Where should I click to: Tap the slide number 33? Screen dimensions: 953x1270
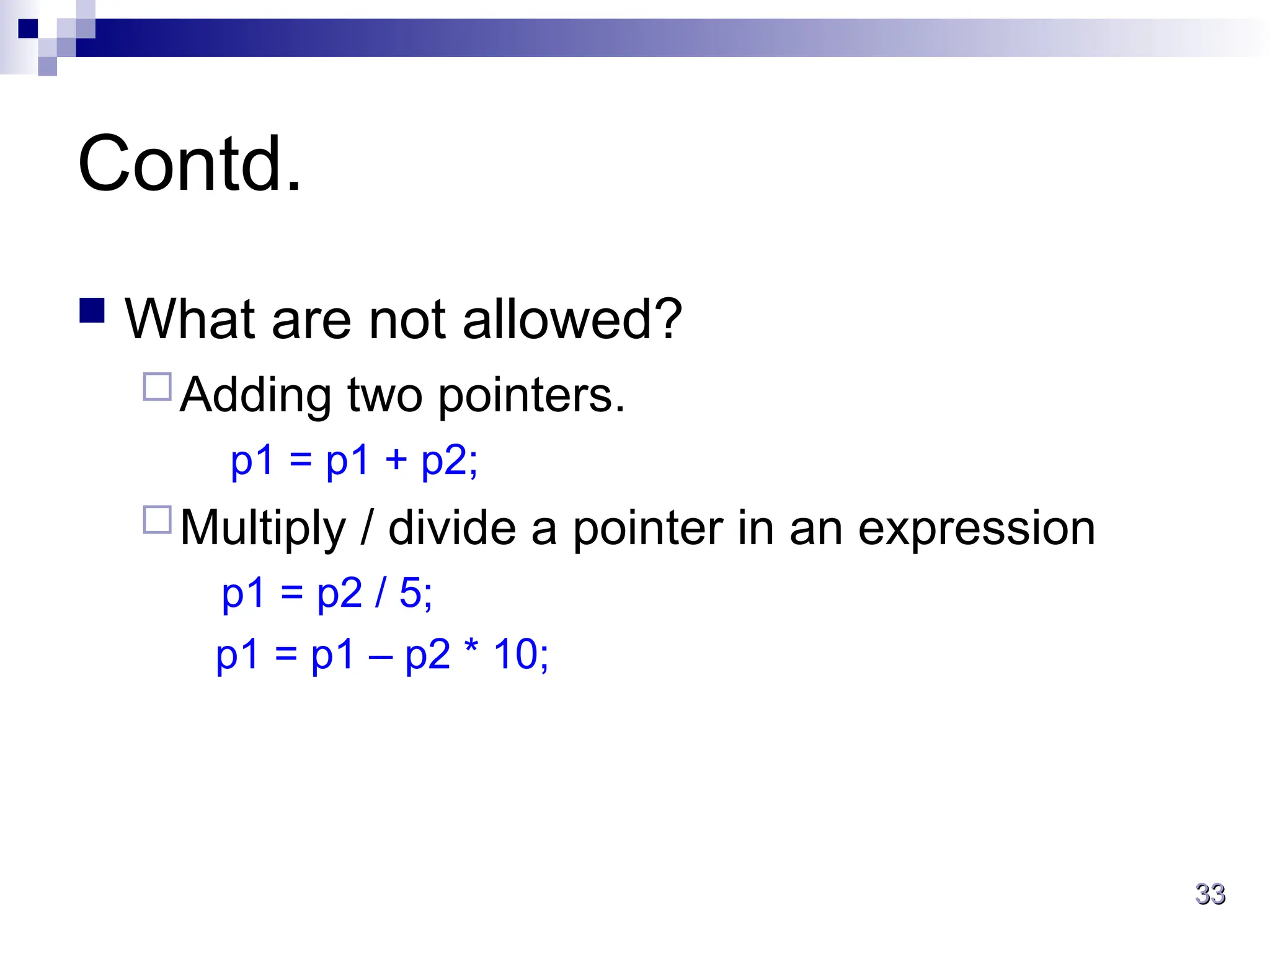pyautogui.click(x=1210, y=894)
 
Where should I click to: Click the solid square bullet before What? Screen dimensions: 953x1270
pyautogui.click(x=92, y=311)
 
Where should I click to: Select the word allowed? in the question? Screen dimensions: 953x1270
pyautogui.click(x=572, y=319)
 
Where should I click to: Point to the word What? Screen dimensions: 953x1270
pyautogui.click(x=190, y=319)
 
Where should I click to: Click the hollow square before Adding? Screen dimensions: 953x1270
pyautogui.click(x=157, y=387)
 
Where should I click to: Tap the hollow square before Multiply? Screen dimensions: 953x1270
pyautogui.click(x=157, y=520)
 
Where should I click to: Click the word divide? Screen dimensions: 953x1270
pyautogui.click(x=452, y=527)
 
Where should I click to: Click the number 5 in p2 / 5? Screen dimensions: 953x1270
pyautogui.click(x=411, y=593)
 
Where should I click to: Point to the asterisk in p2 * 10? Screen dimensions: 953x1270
pyautogui.click(x=471, y=648)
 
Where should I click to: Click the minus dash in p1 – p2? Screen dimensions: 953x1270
pyautogui.click(x=380, y=656)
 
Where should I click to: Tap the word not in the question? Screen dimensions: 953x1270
pyautogui.click(x=407, y=319)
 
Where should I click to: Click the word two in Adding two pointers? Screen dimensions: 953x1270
pyautogui.click(x=384, y=396)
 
